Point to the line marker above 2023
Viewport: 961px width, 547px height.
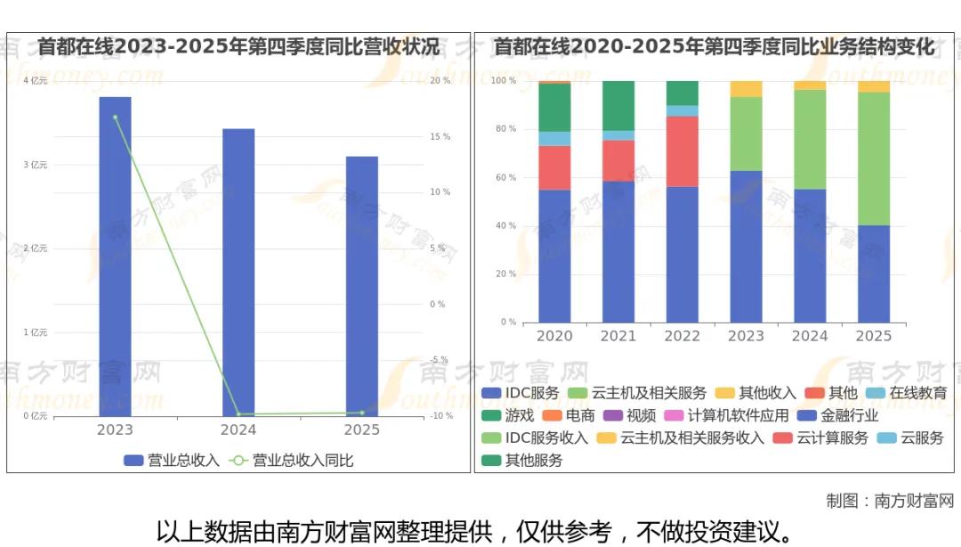[115, 117]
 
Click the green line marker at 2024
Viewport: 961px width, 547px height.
[238, 414]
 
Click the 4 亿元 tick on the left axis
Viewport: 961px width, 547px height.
[35, 81]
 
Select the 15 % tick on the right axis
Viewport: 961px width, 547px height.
[440, 136]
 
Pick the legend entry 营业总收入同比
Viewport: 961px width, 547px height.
[293, 461]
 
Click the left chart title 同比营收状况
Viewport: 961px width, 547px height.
[238, 46]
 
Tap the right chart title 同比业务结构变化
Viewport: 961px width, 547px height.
[715, 46]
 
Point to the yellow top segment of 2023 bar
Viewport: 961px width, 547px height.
[746, 88]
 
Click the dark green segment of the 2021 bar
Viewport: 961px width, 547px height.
[618, 105]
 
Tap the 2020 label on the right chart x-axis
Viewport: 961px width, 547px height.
[554, 336]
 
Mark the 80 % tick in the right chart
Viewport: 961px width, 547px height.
[505, 129]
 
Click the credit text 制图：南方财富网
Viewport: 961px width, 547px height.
[889, 501]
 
